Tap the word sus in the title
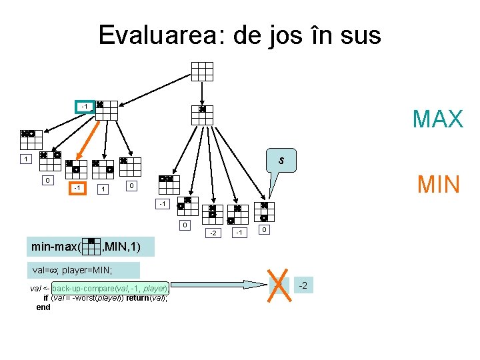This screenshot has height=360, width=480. click(x=359, y=35)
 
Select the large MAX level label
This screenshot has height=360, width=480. click(x=437, y=119)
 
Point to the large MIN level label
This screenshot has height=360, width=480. click(x=439, y=183)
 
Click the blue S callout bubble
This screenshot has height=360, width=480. click(x=281, y=161)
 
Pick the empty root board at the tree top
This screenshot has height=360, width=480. click(x=202, y=71)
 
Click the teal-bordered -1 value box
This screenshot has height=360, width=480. click(x=84, y=107)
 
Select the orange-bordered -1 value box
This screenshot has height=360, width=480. click(x=78, y=188)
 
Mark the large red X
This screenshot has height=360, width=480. click(x=279, y=285)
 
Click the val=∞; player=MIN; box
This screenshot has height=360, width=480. click(x=73, y=270)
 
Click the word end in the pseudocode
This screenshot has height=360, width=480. click(x=43, y=307)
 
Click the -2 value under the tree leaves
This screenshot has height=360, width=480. click(x=213, y=233)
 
